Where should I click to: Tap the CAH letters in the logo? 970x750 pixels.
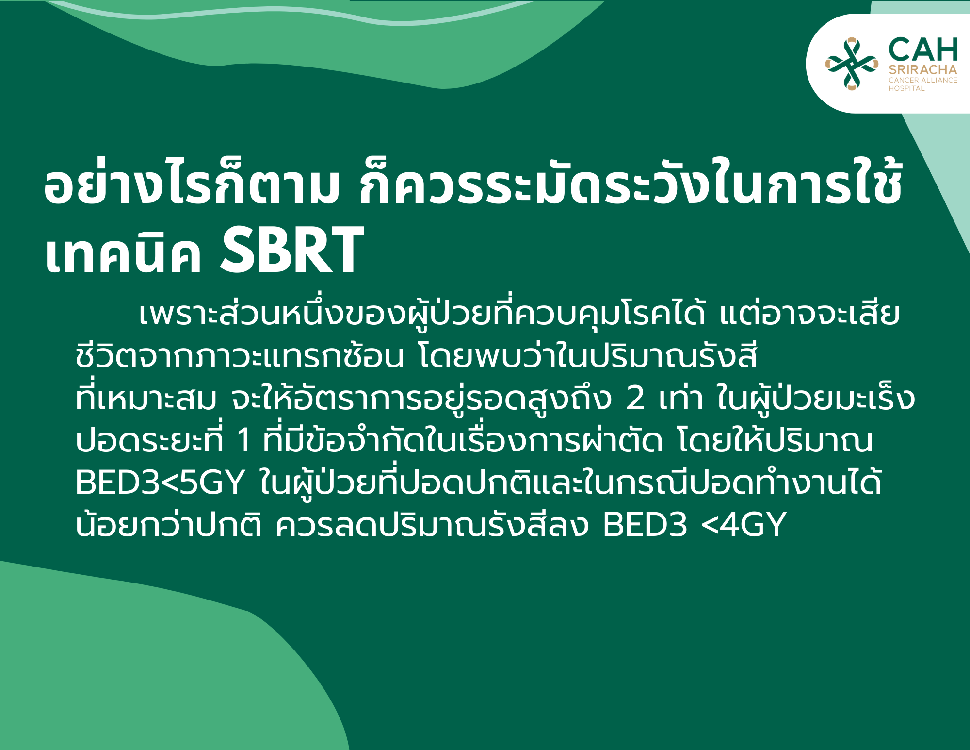point(923,50)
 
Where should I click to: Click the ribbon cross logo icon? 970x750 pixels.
point(852,64)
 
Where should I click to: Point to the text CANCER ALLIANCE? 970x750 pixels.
point(923,80)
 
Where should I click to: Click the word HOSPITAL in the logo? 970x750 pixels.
point(906,88)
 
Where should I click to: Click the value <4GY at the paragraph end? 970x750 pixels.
point(744,525)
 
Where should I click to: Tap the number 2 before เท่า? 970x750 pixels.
point(636,399)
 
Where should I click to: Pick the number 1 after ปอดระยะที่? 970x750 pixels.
point(243,441)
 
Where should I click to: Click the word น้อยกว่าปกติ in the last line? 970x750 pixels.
point(169,524)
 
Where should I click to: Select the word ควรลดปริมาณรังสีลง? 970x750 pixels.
point(432,524)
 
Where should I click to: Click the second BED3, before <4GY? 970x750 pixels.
point(645,525)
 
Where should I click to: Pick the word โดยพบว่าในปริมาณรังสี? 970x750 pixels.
point(587,356)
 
